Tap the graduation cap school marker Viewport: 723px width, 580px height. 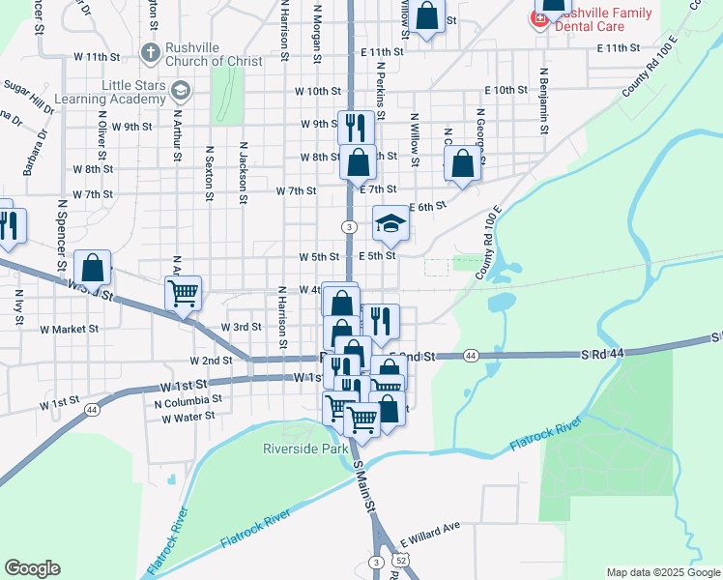click(x=390, y=224)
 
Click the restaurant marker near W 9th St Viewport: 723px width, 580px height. click(x=356, y=127)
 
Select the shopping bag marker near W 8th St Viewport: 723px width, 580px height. click(x=358, y=164)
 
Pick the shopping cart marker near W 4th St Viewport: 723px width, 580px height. click(x=183, y=292)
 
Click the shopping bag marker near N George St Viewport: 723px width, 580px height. click(x=463, y=164)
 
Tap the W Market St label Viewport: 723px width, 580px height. click(x=69, y=329)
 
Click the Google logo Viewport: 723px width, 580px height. click(x=32, y=568)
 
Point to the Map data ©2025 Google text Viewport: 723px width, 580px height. click(x=662, y=572)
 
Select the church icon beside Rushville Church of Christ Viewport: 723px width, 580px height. click(x=150, y=50)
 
